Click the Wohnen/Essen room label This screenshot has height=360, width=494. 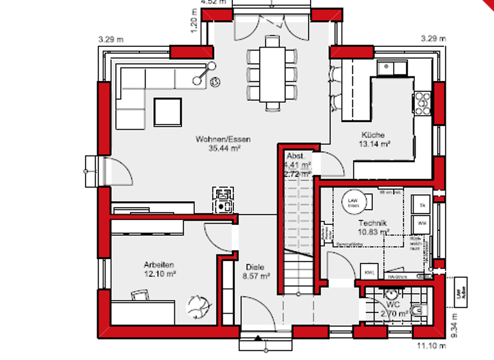click(x=224, y=139)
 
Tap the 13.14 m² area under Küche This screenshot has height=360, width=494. click(x=376, y=145)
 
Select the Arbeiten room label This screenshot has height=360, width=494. click(x=159, y=264)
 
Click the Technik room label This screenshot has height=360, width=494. click(x=374, y=222)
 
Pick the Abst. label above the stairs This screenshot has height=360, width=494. click(x=295, y=156)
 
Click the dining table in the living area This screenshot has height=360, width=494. click(x=273, y=70)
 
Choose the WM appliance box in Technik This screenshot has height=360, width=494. click(x=423, y=223)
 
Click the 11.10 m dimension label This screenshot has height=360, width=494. click(x=425, y=346)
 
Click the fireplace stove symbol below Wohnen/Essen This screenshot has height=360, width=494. click(x=223, y=199)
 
